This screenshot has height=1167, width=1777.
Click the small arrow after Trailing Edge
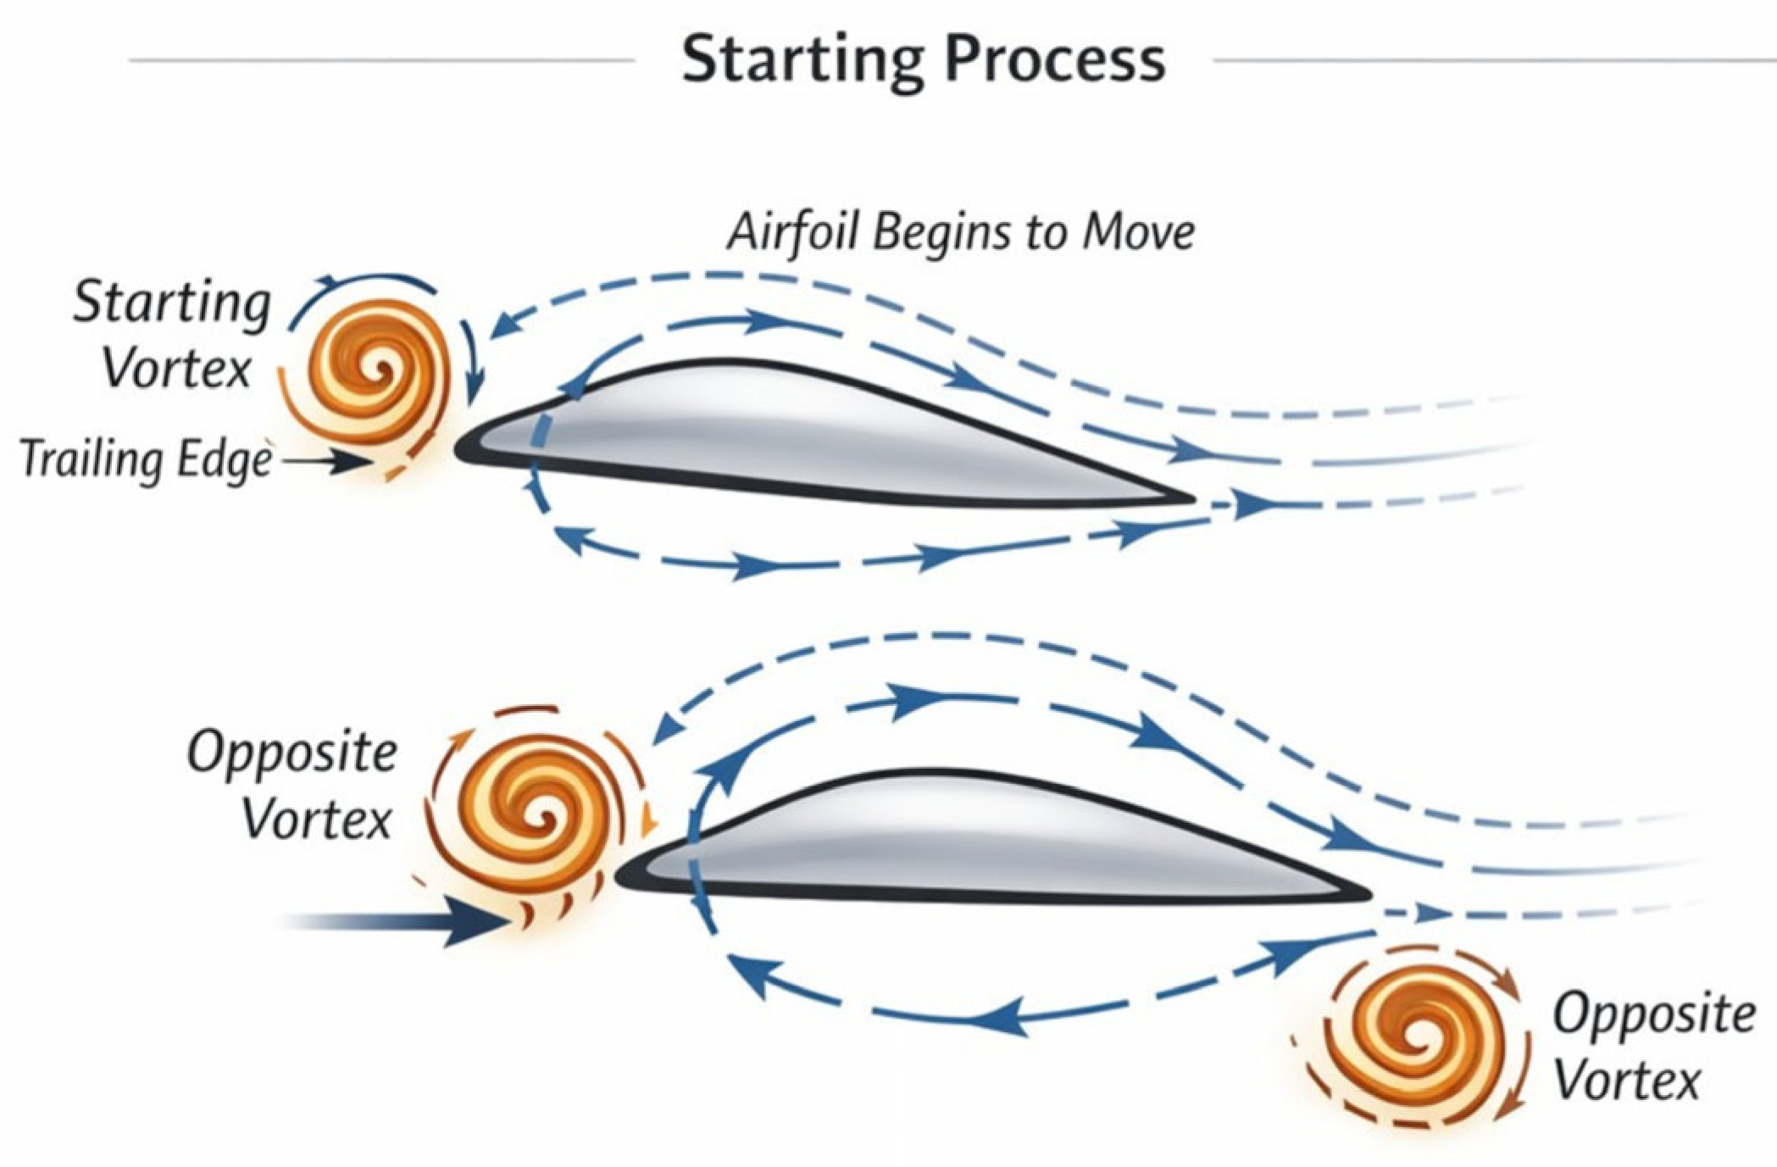pyautogui.click(x=328, y=462)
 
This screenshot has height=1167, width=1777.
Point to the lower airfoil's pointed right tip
pyautogui.click(x=1369, y=895)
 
